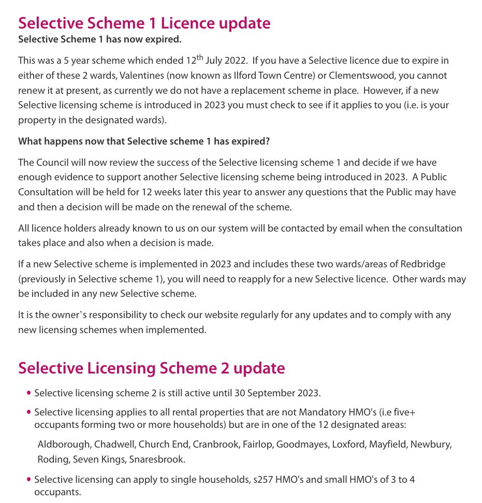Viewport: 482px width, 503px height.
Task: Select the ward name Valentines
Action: point(141,76)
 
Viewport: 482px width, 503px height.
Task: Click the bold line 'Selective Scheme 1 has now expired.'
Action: point(100,39)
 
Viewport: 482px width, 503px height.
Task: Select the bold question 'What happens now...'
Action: point(144,141)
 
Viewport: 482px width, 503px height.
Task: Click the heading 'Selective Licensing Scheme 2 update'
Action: point(151,368)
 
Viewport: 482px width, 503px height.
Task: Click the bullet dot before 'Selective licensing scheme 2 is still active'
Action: point(28,393)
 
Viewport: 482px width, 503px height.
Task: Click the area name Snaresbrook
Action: point(157,459)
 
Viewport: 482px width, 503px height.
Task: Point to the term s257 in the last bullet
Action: point(262,480)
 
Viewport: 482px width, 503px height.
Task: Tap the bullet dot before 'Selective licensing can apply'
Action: point(28,480)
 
